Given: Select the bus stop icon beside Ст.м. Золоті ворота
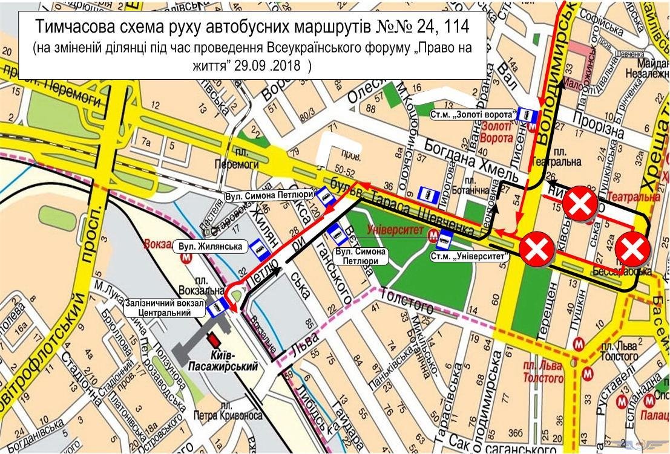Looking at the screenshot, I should pos(530,114).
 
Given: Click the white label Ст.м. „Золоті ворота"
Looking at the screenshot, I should pos(473,114).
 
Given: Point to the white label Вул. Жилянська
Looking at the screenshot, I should pos(209,246).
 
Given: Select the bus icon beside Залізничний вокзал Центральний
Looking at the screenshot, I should pos(214,310).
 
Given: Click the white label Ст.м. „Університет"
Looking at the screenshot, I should pos(470,256).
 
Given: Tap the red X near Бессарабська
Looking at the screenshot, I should pos(632,249).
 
